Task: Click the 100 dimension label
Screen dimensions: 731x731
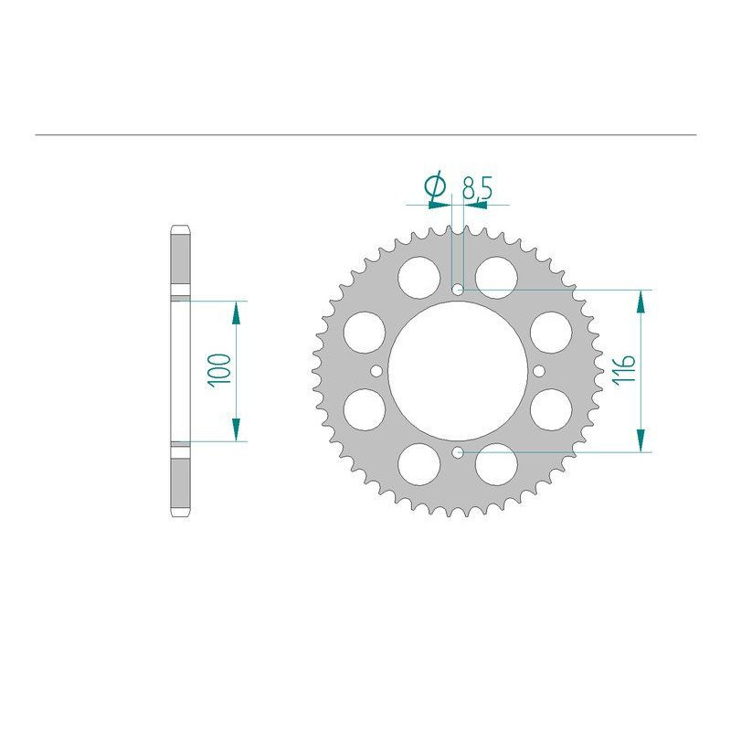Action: pyautogui.click(x=220, y=370)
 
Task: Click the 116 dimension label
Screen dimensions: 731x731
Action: pyautogui.click(x=624, y=369)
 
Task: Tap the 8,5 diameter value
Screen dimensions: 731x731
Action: pyautogui.click(x=477, y=188)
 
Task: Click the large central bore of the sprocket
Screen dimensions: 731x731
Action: pyautogui.click(x=458, y=371)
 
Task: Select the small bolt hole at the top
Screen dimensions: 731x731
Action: pyautogui.click(x=458, y=290)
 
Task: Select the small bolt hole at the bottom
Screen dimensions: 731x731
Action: pyautogui.click(x=458, y=451)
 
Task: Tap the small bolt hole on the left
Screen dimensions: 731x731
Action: pyautogui.click(x=376, y=371)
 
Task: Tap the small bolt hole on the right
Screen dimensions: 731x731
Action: pyautogui.click(x=539, y=371)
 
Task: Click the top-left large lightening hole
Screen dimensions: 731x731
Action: pyautogui.click(x=419, y=278)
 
